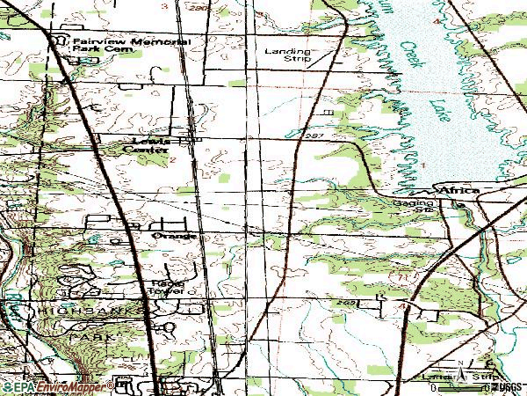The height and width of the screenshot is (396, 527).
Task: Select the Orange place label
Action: [x=169, y=237]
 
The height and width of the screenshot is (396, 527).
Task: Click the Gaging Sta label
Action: [x=414, y=206]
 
